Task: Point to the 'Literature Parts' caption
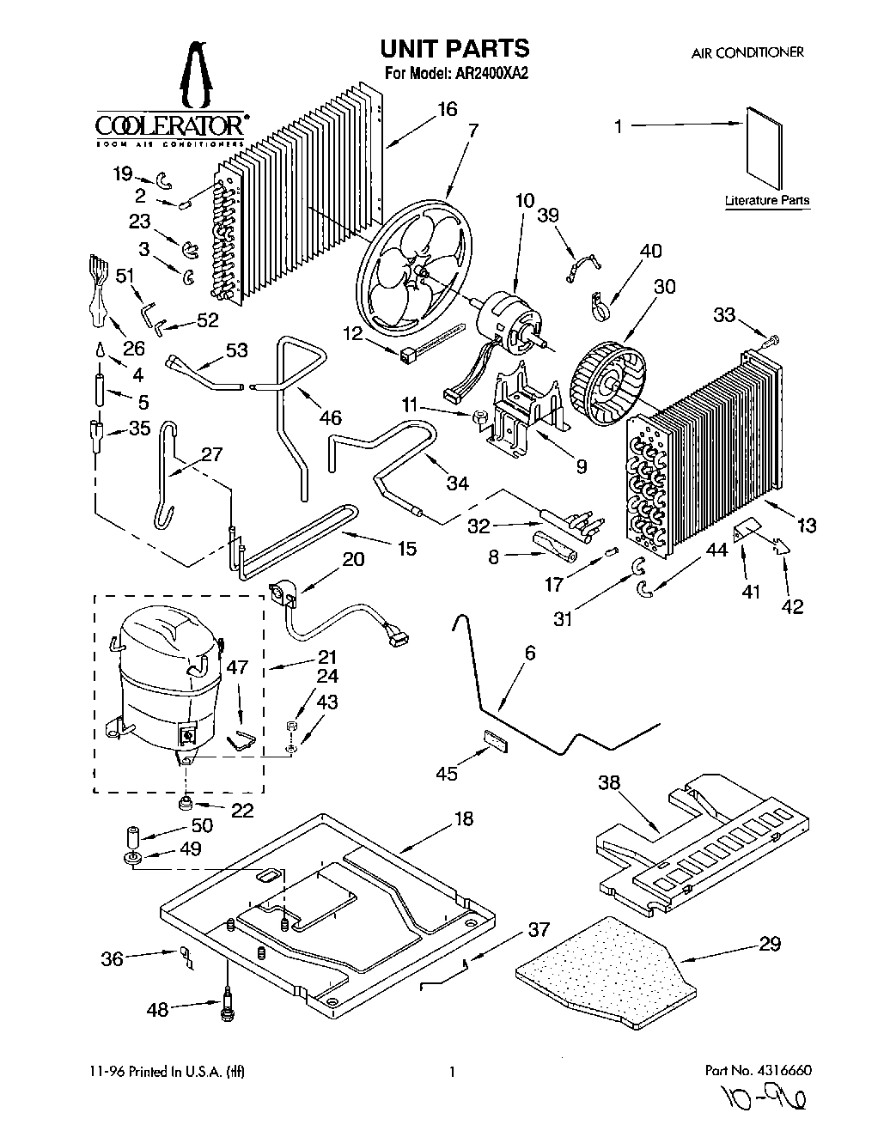(x=767, y=201)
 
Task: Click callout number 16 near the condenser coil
(x=447, y=110)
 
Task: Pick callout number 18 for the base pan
(x=463, y=819)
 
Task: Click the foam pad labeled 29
(x=610, y=970)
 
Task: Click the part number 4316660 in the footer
(x=779, y=1071)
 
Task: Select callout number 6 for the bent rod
(x=530, y=654)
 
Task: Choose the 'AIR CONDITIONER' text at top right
(x=747, y=52)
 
